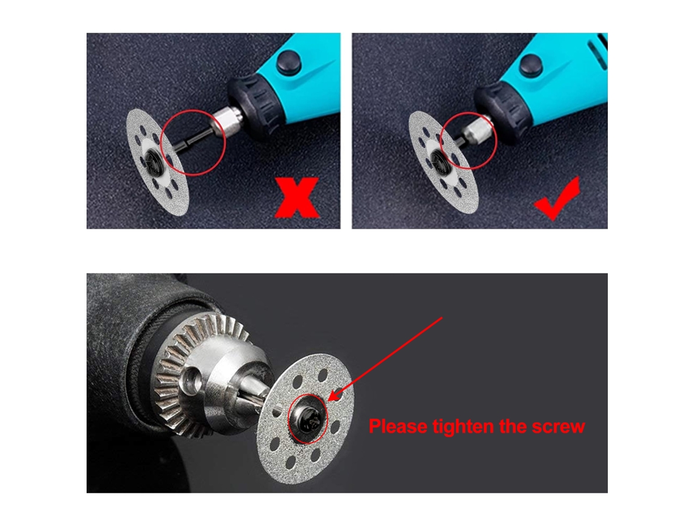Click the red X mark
(x=297, y=198)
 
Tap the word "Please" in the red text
(x=398, y=427)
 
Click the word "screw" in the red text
(x=558, y=427)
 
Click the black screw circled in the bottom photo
(x=308, y=419)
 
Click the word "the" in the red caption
(x=513, y=426)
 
